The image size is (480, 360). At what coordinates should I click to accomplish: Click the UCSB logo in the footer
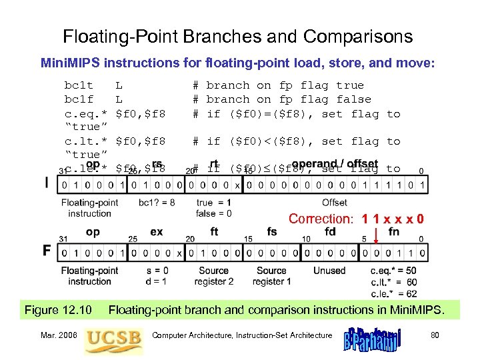(x=114, y=338)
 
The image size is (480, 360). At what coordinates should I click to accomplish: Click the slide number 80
(x=434, y=335)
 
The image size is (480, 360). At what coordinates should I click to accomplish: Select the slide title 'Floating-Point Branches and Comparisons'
(x=237, y=37)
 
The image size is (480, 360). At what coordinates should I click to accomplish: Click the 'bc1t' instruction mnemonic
(x=78, y=85)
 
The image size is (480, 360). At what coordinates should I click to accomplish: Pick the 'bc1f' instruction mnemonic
(x=78, y=99)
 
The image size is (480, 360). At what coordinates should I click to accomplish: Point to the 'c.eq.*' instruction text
(x=86, y=114)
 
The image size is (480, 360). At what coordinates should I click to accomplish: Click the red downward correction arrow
(x=375, y=234)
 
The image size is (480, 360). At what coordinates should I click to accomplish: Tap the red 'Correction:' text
(x=321, y=219)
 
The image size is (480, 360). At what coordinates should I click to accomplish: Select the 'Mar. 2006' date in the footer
(x=59, y=335)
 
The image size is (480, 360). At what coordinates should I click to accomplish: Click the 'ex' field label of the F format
(x=157, y=232)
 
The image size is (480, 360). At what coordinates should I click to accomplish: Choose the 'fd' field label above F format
(x=330, y=232)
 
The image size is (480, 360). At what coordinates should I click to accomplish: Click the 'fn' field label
(x=394, y=232)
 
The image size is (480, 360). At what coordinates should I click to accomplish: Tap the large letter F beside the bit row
(x=47, y=251)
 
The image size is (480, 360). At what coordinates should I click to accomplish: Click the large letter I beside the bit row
(x=46, y=183)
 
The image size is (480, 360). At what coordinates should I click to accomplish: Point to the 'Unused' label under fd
(x=330, y=271)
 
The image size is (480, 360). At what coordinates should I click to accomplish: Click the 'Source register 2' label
(x=213, y=276)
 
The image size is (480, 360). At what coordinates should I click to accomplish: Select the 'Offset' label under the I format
(x=334, y=203)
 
